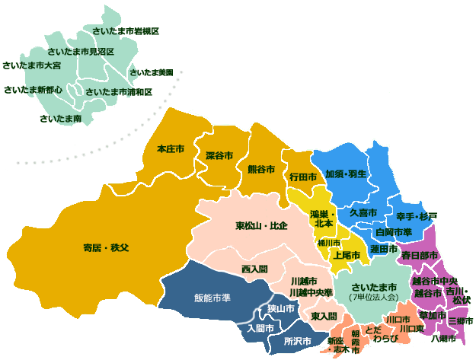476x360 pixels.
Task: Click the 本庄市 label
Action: coord(170,148)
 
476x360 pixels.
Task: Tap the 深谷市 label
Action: coord(219,155)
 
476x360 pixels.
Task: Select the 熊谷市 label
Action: coord(261,169)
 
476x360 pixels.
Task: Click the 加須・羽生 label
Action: coord(347,174)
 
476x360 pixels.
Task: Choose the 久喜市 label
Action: coord(363,212)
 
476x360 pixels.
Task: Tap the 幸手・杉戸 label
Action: coord(417,216)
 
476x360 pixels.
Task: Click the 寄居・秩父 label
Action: coord(106,248)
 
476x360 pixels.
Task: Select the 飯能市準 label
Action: coord(212,298)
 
